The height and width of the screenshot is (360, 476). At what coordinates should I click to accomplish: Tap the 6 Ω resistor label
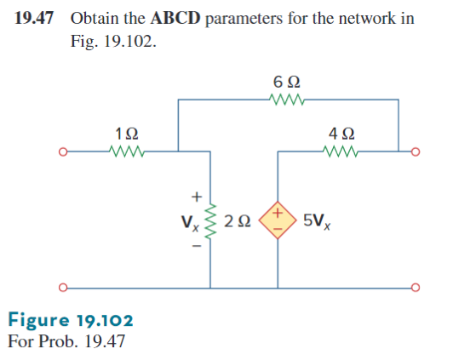(x=287, y=84)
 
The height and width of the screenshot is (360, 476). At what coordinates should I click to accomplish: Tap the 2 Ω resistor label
(x=241, y=221)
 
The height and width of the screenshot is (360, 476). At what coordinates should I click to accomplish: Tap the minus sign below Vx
(x=195, y=248)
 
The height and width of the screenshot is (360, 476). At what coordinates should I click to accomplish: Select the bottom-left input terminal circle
(x=62, y=286)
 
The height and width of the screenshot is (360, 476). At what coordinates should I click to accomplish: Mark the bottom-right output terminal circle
(x=415, y=286)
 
